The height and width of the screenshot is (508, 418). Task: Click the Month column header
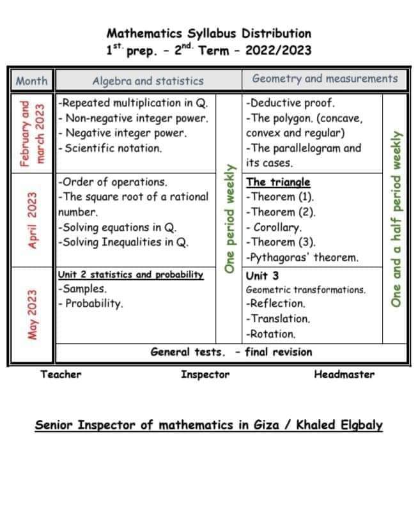coord(31,81)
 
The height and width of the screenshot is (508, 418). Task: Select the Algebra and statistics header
coord(148,81)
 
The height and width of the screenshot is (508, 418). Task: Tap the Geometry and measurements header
coord(325,79)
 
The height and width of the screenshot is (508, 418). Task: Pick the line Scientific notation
coord(109,148)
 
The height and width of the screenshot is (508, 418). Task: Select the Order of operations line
coord(112,181)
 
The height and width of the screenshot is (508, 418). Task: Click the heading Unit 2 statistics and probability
coord(130,275)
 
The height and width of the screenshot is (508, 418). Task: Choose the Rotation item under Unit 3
coord(271,334)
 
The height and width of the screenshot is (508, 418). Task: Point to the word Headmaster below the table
coord(344,374)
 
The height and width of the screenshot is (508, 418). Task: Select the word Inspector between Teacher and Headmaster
coord(205,374)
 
